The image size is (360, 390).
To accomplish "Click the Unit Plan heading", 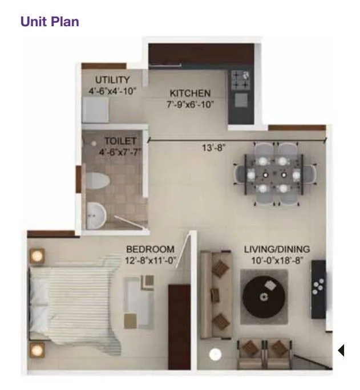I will pos(50,22).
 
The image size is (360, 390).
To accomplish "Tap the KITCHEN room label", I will pos(190,93).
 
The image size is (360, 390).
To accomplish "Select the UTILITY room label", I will pos(112,80).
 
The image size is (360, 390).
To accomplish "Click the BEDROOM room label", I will pos(150,249).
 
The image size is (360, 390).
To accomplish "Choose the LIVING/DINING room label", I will pos(277,249).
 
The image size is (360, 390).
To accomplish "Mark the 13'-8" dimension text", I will pos(213,147).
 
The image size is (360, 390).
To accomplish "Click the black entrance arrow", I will pos(341,350).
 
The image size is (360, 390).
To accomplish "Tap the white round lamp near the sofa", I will pos(215,355).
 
